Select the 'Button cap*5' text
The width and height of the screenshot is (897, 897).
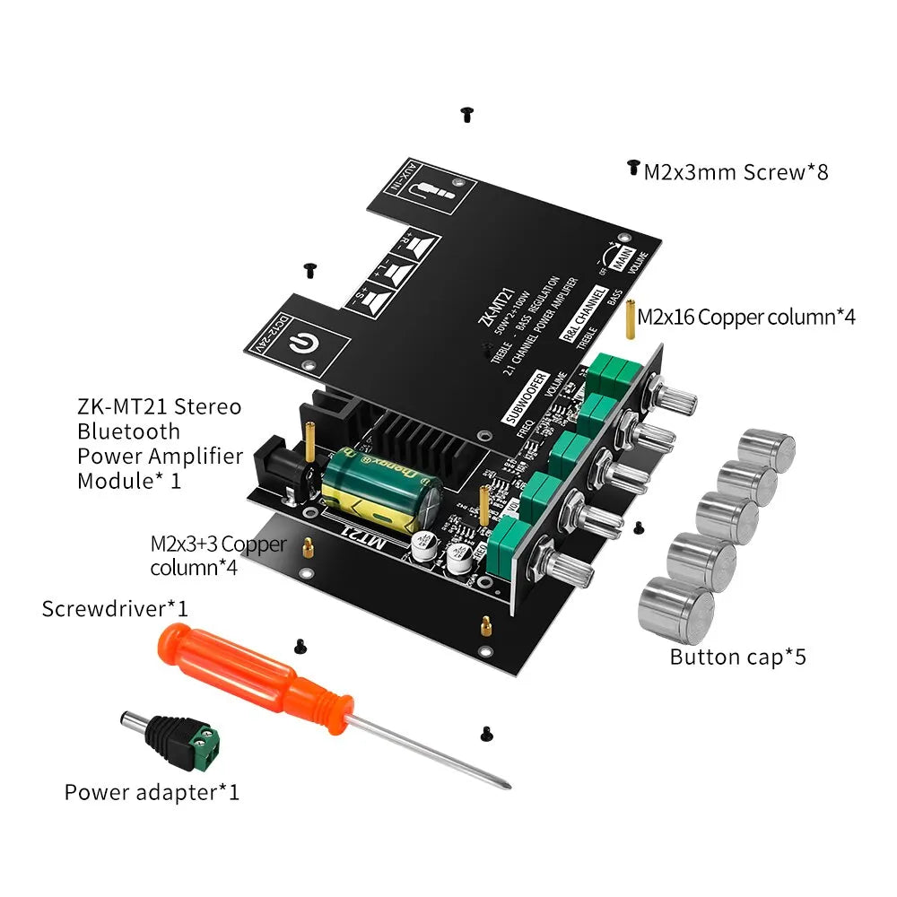[x=737, y=657]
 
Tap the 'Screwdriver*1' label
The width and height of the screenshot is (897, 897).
[x=115, y=608]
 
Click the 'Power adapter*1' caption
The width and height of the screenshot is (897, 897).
[x=152, y=792]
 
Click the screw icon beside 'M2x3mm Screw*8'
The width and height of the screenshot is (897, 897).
[x=633, y=168]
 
